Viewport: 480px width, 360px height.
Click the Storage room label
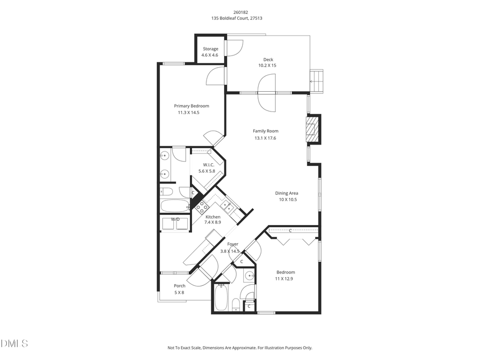210,49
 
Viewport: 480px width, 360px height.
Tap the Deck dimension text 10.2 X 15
267,66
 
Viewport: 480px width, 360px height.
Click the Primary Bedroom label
191,106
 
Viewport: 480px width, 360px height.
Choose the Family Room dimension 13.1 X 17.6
265,138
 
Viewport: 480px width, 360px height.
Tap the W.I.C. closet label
206,165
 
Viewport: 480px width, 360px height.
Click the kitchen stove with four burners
202,207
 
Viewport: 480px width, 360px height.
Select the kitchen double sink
227,205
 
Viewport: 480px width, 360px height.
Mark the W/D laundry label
175,219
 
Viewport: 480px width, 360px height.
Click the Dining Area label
286,193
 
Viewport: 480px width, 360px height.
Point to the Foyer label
233,244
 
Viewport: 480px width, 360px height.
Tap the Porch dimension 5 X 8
179,292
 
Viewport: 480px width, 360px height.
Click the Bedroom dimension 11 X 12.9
285,279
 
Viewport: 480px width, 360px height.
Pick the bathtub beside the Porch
221,298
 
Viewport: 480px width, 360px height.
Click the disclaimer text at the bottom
239,348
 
